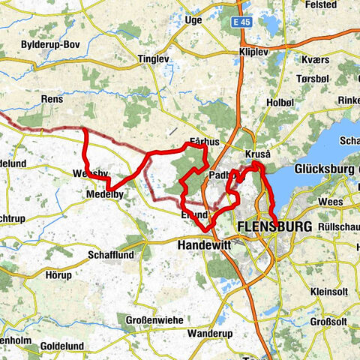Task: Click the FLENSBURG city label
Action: [268, 226]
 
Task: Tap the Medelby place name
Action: [105, 193]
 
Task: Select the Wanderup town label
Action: [211, 332]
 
